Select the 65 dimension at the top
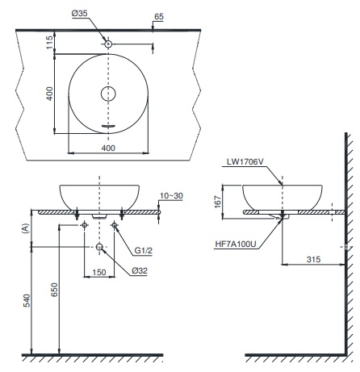[158, 15]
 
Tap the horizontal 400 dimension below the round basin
[108, 148]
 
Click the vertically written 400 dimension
[50, 94]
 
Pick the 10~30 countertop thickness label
[172, 196]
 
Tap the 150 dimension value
[98, 272]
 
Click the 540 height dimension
[26, 300]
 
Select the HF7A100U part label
[236, 242]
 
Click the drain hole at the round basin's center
[108, 94]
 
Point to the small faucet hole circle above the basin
[108, 43]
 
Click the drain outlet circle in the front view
[98, 248]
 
